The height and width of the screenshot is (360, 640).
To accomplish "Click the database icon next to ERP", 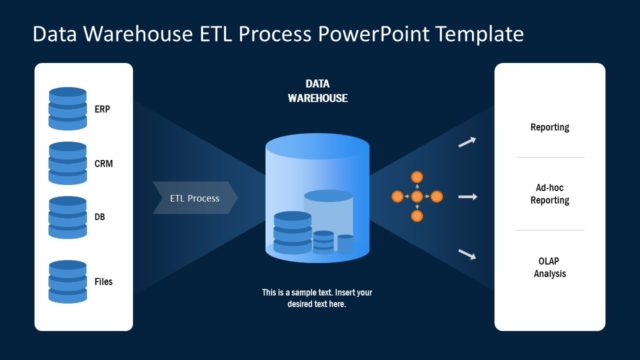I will pyautogui.click(x=68, y=108).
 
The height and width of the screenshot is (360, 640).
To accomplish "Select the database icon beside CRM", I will pyautogui.click(x=68, y=162).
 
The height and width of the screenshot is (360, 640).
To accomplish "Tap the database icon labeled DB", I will pyautogui.click(x=68, y=216).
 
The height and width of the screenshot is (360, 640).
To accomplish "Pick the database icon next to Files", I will pyautogui.click(x=68, y=281).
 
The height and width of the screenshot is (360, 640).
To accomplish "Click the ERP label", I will pyautogui.click(x=103, y=109).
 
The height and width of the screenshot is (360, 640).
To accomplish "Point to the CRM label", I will pyautogui.click(x=104, y=162).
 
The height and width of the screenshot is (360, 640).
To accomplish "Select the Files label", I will pyautogui.click(x=104, y=282).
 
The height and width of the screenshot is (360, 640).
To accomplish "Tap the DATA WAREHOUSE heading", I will pyautogui.click(x=318, y=91).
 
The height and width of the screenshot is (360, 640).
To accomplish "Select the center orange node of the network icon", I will pyautogui.click(x=417, y=197).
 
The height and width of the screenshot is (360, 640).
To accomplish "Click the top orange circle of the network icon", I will pyautogui.click(x=417, y=177).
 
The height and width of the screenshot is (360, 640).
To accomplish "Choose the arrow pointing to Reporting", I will pyautogui.click(x=466, y=143).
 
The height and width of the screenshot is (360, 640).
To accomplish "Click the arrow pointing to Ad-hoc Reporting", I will pyautogui.click(x=467, y=197).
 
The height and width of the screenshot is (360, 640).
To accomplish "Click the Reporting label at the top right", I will pyautogui.click(x=549, y=128).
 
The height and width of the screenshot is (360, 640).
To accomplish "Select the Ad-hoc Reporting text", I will pyautogui.click(x=549, y=194).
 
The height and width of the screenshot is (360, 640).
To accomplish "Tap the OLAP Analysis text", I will pyautogui.click(x=549, y=266).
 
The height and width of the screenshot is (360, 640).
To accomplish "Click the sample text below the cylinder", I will pyautogui.click(x=317, y=298).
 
